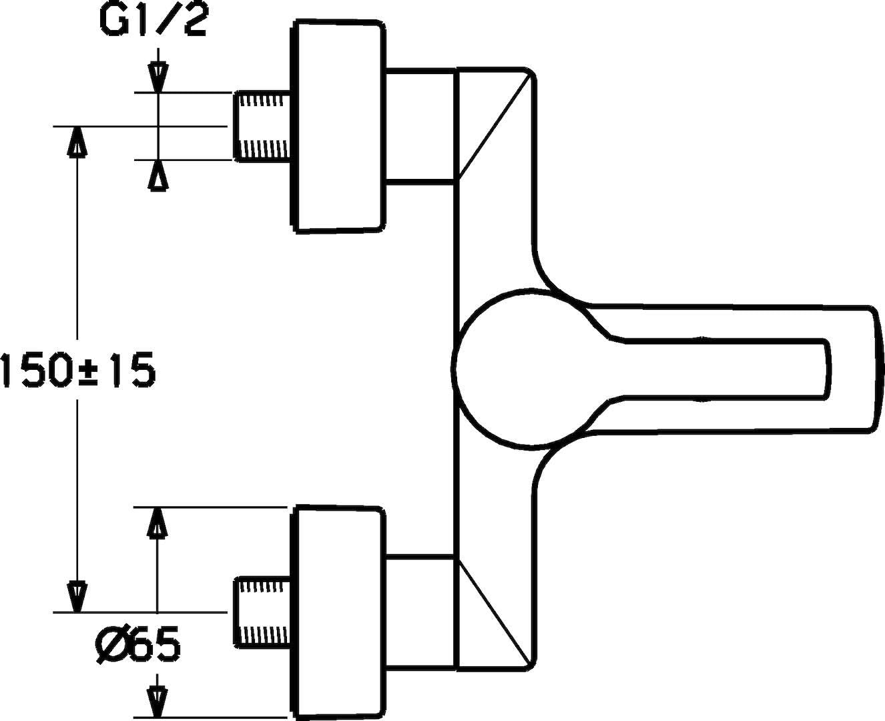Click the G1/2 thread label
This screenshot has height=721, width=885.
point(154,21)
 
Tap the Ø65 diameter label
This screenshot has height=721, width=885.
point(137,645)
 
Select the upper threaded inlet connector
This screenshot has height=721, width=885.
point(264,126)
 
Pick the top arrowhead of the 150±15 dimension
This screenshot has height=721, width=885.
point(78,141)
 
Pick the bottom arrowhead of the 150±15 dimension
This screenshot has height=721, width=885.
point(78,596)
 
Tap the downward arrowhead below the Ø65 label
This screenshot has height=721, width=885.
point(157,694)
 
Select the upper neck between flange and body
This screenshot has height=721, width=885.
point(420,124)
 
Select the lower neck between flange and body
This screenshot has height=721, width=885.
point(420,612)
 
